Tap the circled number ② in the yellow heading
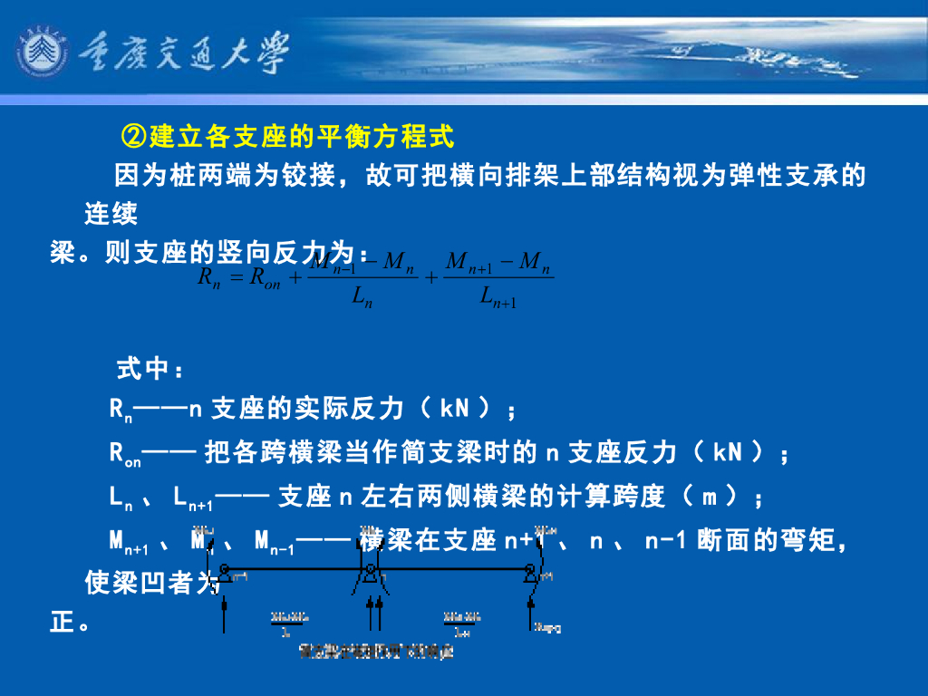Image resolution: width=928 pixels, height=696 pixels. coord(134,137)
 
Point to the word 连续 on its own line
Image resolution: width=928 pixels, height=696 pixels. coord(111,215)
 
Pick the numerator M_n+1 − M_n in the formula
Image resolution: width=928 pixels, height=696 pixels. coord(499,262)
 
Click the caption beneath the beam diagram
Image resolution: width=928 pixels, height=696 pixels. coord(376,651)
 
